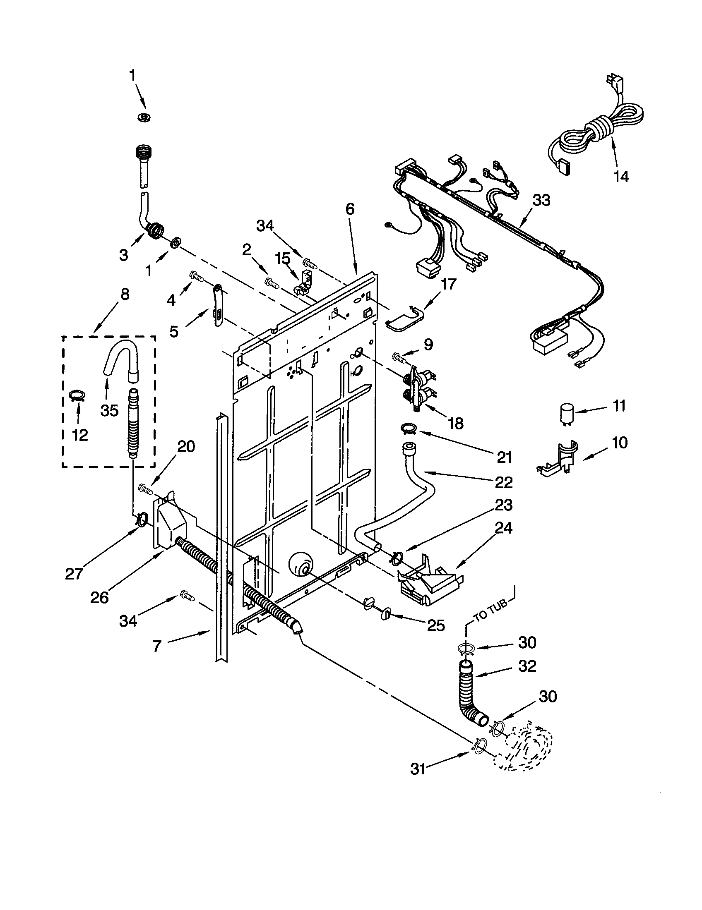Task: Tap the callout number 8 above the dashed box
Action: (124, 295)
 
